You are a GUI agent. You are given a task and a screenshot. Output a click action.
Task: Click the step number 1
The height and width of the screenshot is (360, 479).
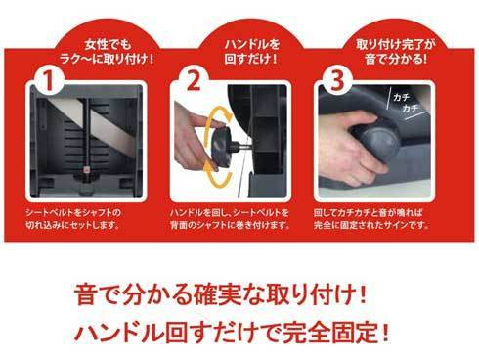49,80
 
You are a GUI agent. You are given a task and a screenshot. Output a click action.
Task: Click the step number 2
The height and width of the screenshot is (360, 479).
194,80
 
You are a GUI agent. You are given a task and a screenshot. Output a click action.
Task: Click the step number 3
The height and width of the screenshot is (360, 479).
337,80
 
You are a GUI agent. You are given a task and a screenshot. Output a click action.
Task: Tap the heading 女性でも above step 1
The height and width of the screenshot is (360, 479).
108,45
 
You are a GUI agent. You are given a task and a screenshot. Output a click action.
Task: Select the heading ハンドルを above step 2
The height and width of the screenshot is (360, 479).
252,44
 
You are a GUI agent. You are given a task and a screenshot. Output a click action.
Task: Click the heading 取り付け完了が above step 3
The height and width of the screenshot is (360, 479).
396,44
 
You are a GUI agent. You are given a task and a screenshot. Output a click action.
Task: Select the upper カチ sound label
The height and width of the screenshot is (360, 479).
401,97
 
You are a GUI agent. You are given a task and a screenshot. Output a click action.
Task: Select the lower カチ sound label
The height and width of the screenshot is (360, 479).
410,109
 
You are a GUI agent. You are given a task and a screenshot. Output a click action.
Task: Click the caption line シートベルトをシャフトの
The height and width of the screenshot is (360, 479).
73,213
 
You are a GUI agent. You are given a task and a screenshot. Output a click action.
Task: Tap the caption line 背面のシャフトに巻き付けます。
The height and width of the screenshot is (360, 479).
230,225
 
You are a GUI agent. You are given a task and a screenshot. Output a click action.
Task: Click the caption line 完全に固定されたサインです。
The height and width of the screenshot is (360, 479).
371,225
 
